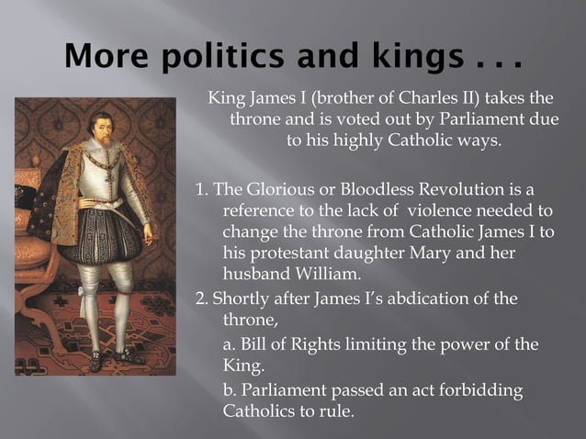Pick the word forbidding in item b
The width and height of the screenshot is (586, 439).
(x=482, y=390)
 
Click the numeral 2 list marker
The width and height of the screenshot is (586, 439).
(x=201, y=299)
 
